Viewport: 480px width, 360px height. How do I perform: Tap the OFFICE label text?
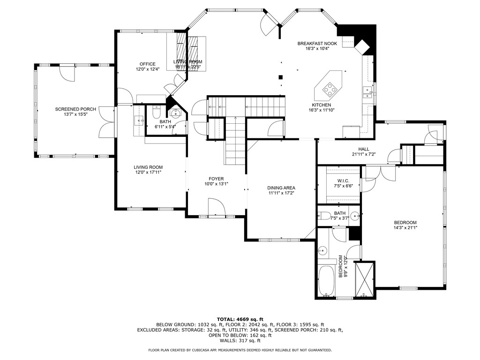(x=147, y=64)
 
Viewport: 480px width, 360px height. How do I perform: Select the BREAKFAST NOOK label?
(x=317, y=44)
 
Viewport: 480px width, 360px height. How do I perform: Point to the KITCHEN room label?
(x=322, y=105)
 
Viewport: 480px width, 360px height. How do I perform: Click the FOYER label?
(x=216, y=179)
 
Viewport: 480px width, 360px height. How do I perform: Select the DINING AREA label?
(x=282, y=187)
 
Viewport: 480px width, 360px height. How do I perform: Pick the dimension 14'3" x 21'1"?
(x=405, y=228)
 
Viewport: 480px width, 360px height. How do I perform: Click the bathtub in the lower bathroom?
(x=326, y=280)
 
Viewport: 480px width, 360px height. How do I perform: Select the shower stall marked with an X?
(x=365, y=280)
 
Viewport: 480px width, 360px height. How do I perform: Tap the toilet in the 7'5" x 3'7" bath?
(x=325, y=217)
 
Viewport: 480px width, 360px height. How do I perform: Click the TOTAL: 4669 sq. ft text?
(x=240, y=319)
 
